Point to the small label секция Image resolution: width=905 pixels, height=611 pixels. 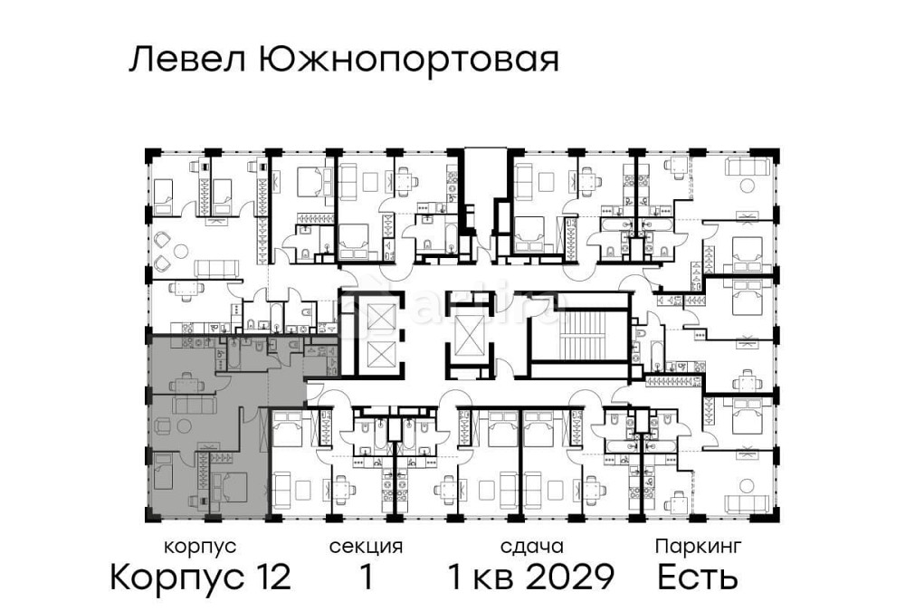tap(366, 547)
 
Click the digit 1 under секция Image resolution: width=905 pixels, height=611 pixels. tap(367, 577)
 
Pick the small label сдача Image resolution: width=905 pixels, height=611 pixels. tap(532, 547)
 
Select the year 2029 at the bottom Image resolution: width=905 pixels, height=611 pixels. tap(571, 577)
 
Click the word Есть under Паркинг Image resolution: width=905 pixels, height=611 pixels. tap(698, 577)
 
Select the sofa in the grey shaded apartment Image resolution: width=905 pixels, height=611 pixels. tap(191, 404)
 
